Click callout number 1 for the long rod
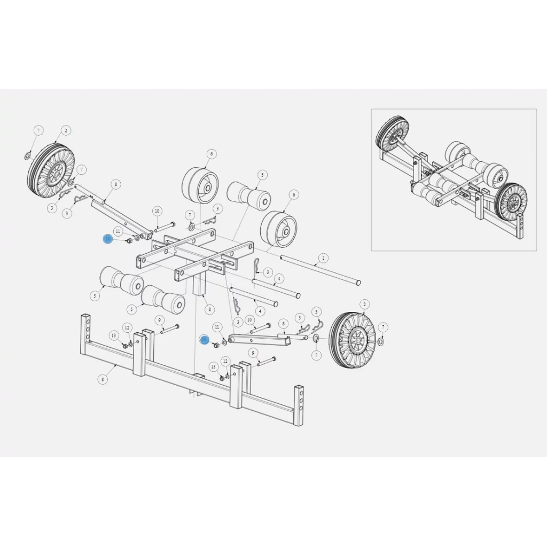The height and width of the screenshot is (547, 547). pyautogui.click(x=323, y=259)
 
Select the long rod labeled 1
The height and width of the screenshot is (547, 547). pyautogui.click(x=321, y=270)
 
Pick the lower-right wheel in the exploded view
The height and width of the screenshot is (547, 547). pyautogui.click(x=353, y=340)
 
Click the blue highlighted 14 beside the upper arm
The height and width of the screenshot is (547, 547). pyautogui.click(x=108, y=239)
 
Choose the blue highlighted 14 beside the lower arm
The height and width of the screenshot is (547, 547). pyautogui.click(x=204, y=340)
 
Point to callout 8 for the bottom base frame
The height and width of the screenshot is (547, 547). pyautogui.click(x=103, y=379)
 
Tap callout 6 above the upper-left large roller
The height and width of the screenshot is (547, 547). pyautogui.click(x=212, y=154)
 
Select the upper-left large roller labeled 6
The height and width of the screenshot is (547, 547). pyautogui.click(x=200, y=184)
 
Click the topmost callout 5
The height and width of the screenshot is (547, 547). pyautogui.click(x=262, y=175)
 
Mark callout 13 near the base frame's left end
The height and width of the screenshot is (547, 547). pyautogui.click(x=114, y=335)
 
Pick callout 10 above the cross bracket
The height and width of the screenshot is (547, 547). pyautogui.click(x=157, y=211)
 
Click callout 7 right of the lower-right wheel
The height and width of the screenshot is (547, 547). pyautogui.click(x=382, y=326)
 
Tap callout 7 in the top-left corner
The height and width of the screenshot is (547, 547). pyautogui.click(x=38, y=130)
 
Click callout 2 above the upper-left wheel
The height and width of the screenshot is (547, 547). pyautogui.click(x=66, y=130)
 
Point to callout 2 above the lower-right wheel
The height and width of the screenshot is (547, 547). pyautogui.click(x=365, y=304)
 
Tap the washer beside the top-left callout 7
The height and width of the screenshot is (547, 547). pyautogui.click(x=27, y=156)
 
